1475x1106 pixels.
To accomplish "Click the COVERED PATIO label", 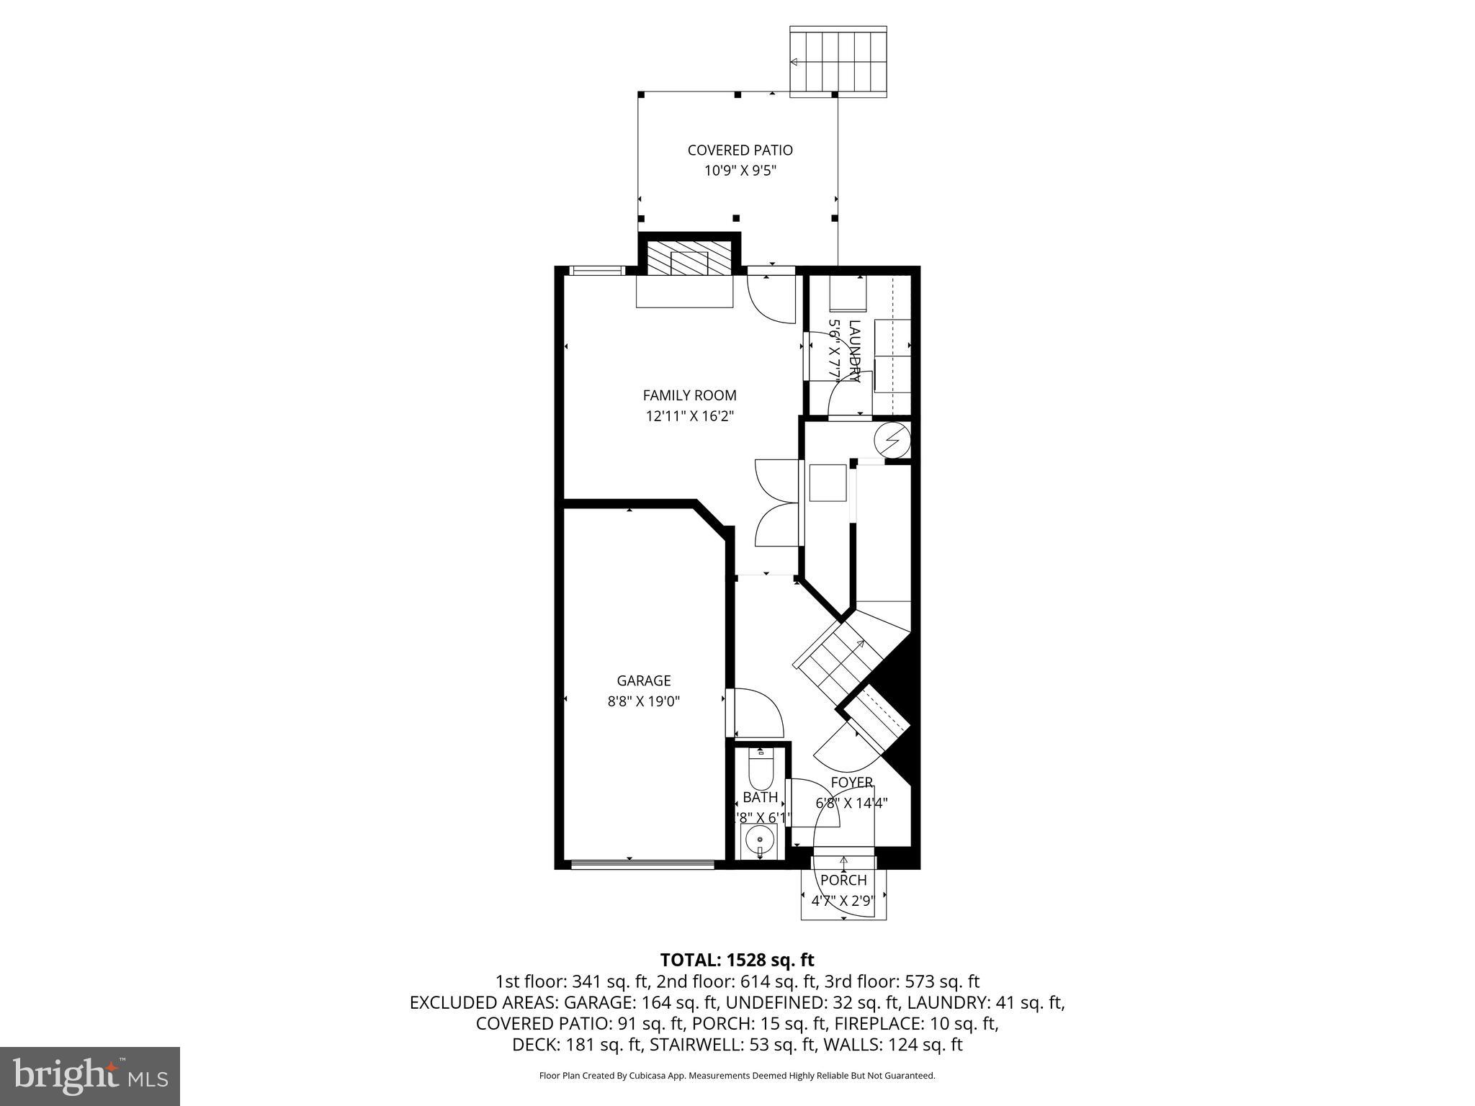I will click(x=740, y=150).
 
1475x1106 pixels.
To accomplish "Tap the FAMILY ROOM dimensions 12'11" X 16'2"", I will click(x=689, y=416).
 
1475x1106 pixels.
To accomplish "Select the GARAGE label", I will click(x=643, y=680).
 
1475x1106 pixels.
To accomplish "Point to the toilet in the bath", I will click(x=760, y=771).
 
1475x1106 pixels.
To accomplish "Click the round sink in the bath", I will click(x=760, y=838).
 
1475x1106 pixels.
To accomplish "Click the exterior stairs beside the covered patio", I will click(x=838, y=61).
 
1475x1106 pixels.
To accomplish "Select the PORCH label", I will click(x=843, y=880).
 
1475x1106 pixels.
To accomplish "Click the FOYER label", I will click(x=851, y=782).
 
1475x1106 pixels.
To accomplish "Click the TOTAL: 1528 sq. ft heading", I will click(x=737, y=960).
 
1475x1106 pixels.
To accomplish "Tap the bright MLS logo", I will click(x=90, y=1076).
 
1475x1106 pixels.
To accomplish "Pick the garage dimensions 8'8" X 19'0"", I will click(x=643, y=701).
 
